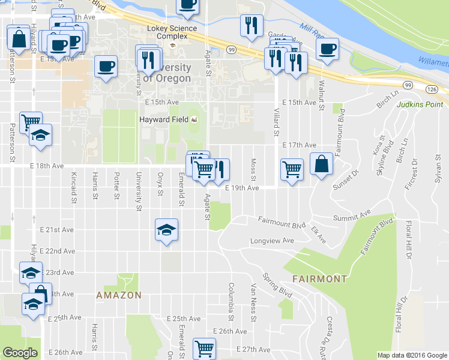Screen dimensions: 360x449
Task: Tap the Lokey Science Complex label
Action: pos(172,32)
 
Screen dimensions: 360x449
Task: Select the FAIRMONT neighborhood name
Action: pos(319,279)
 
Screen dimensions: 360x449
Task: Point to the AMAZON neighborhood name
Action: pos(119,295)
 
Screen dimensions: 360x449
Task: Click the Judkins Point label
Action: pos(420,104)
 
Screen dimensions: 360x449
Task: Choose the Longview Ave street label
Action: pos(272,241)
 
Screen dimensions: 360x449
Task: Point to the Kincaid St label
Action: pos(74,186)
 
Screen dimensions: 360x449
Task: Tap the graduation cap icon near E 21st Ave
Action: pos(166,230)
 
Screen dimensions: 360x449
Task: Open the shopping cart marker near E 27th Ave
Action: pos(204,347)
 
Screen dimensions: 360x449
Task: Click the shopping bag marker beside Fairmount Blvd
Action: pos(321,164)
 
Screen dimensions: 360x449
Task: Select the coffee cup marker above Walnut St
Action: pos(327,50)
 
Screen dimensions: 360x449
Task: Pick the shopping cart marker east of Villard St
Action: pos(292,170)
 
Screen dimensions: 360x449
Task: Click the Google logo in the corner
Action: pos(20,353)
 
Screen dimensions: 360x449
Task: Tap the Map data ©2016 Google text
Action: pos(412,355)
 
